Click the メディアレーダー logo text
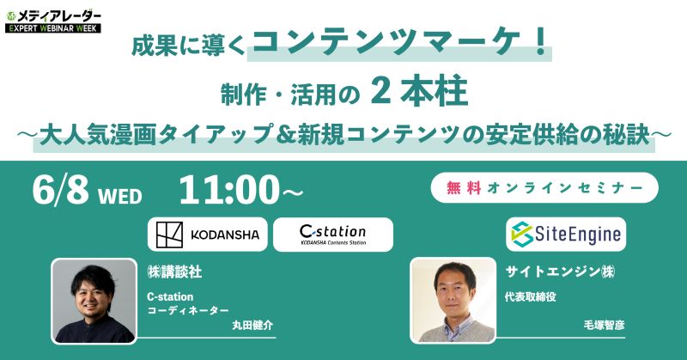58,16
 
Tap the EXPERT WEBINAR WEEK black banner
53,28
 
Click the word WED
120,196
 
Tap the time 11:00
228,190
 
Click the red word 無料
464,188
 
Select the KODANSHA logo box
207,235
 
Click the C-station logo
333,235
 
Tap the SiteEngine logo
566,235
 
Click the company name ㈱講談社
174,272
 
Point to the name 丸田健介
252,325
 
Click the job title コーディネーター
188,310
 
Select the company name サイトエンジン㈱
560,272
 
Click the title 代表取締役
530,297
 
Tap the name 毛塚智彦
605,325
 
